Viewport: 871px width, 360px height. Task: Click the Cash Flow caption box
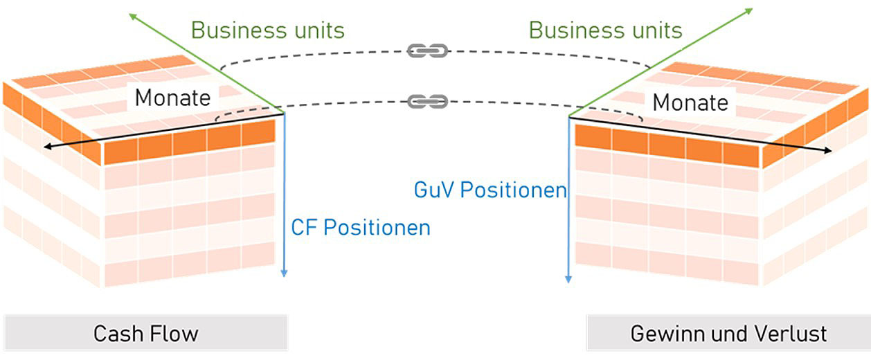click(x=145, y=333)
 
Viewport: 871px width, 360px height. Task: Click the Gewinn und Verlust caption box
click(x=728, y=333)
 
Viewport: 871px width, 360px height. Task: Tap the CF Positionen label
click(x=360, y=227)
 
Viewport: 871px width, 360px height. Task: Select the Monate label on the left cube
click(x=172, y=98)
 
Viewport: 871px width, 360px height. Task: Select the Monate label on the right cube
click(x=690, y=103)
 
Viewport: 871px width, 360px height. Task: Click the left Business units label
click(x=267, y=30)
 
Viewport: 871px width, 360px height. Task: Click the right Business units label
click(x=605, y=30)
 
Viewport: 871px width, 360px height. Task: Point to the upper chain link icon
click(x=428, y=51)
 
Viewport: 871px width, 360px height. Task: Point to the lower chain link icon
click(x=428, y=102)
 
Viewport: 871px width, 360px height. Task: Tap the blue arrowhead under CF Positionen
click(x=284, y=273)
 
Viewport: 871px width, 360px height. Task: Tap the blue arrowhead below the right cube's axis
click(x=568, y=279)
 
